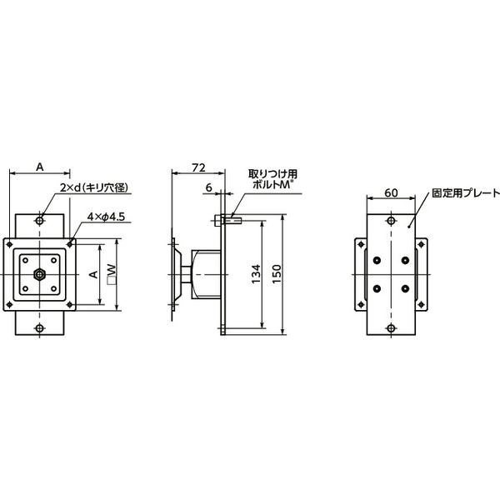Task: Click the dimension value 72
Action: pos(197,168)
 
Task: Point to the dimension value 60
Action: pos(390,192)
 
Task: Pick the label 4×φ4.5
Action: pos(107,217)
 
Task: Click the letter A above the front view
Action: pos(40,167)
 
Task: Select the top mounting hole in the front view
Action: pos(41,221)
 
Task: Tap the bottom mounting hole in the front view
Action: pos(41,327)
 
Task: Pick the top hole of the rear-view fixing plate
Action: pos(391,221)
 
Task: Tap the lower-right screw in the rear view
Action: pos(406,289)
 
